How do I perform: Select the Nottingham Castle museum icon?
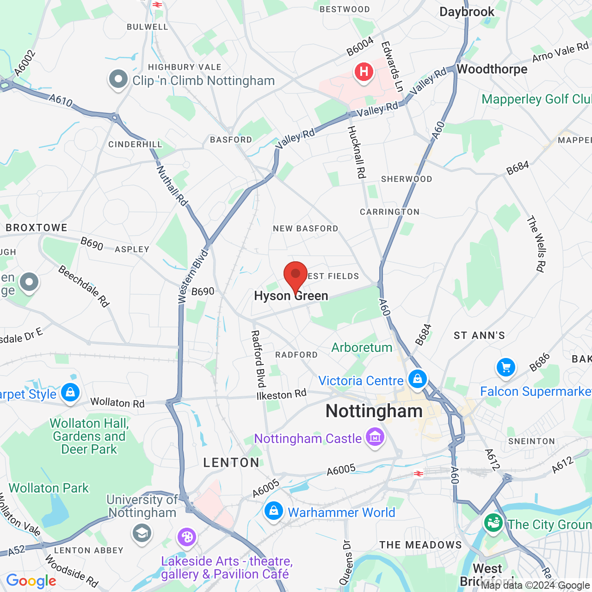(375, 436)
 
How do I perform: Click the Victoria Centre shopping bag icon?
(417, 379)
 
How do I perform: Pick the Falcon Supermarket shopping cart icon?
(506, 368)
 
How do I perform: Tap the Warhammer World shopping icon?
(273, 511)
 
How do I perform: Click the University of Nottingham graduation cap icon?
(142, 533)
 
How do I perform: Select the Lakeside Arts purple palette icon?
(187, 537)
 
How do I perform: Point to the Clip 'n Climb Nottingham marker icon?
(118, 80)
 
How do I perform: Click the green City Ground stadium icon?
(493, 523)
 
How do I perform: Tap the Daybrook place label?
(467, 12)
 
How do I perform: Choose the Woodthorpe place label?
(492, 69)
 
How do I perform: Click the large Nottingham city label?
(374, 411)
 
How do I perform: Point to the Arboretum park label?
(362, 347)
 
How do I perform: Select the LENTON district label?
(231, 462)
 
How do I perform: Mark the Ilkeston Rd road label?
(281, 395)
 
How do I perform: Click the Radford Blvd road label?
(258, 359)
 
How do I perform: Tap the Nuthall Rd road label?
(172, 186)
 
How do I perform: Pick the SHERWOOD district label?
(407, 179)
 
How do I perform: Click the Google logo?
(31, 581)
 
